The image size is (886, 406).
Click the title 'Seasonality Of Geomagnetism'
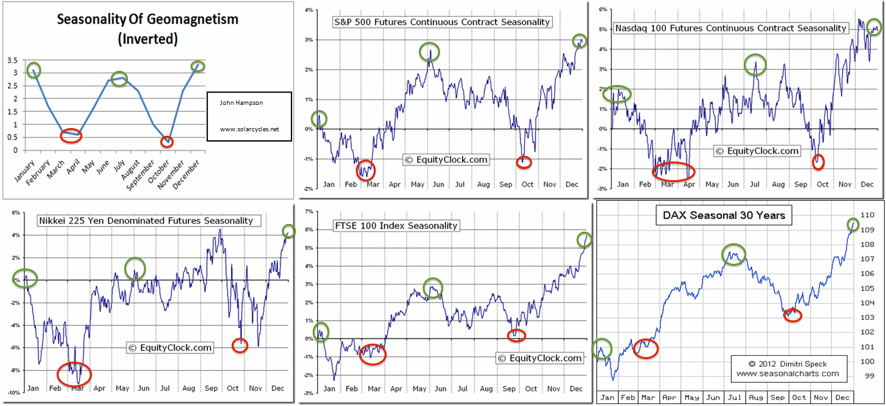[x=147, y=19]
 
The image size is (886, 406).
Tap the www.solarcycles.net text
[x=250, y=129]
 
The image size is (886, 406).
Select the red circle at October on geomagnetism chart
[x=167, y=141]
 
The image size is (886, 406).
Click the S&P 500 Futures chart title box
[x=442, y=22]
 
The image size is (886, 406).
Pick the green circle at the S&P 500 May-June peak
[x=429, y=51]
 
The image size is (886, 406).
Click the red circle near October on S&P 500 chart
[x=524, y=162]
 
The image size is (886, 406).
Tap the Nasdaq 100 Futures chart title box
[x=730, y=28]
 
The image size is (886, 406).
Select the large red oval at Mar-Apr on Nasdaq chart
[x=674, y=171]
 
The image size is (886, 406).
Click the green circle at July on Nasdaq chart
[x=756, y=64]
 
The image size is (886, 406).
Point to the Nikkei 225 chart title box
[x=145, y=221]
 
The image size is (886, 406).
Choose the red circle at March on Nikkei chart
[x=75, y=374]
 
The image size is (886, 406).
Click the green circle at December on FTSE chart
[x=584, y=239]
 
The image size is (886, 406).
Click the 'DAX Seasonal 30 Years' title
[x=724, y=216]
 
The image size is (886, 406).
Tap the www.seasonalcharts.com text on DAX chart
[x=788, y=373]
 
